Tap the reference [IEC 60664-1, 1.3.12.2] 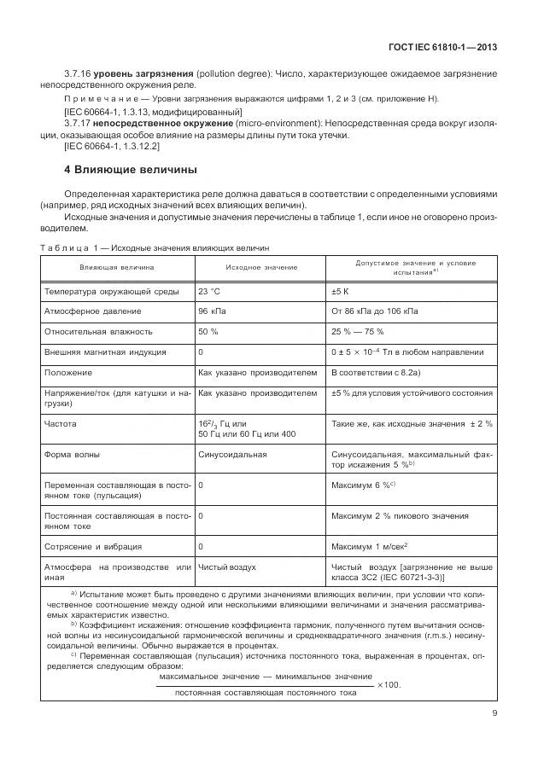pyautogui.click(x=112, y=146)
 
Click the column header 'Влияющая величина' pyautogui.click(x=117, y=268)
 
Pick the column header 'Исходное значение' pyautogui.click(x=262, y=268)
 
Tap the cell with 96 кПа pyautogui.click(x=213, y=311)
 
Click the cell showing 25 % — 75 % pyautogui.click(x=357, y=331)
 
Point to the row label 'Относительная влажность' pyautogui.click(x=98, y=331)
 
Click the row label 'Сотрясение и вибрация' pyautogui.click(x=93, y=546)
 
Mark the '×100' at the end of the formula pyautogui.click(x=389, y=685)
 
